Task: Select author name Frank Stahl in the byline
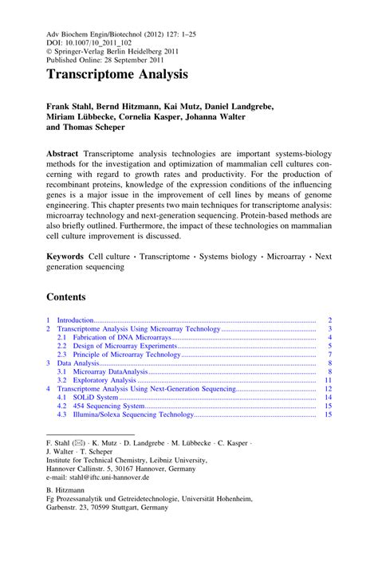[x=71, y=105]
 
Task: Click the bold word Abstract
[x=66, y=151]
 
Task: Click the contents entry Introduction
[x=76, y=320]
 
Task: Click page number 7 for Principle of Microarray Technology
[x=329, y=354]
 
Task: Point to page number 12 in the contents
[x=328, y=388]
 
